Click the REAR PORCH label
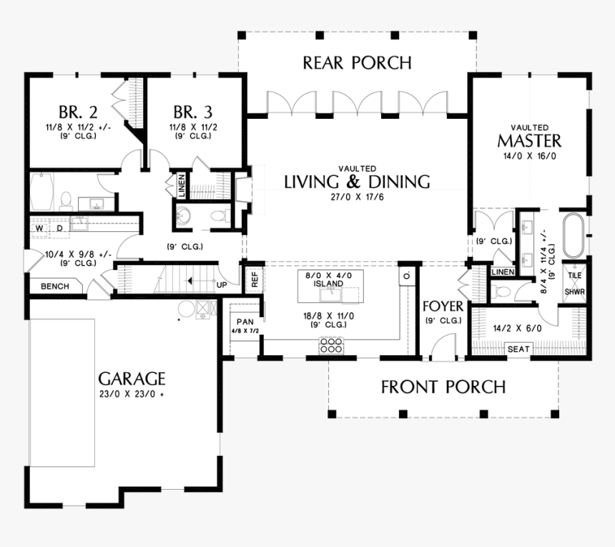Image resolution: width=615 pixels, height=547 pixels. [357, 63]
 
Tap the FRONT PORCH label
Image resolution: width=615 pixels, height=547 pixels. [443, 387]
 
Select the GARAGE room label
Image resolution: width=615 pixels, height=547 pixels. [132, 378]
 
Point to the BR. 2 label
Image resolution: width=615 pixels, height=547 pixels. [78, 112]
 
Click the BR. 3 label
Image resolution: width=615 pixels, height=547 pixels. [192, 112]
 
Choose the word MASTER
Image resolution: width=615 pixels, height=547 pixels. [529, 140]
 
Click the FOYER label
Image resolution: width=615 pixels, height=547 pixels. [443, 307]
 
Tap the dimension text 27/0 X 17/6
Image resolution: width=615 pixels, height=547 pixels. [357, 197]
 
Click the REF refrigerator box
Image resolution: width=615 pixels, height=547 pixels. [252, 279]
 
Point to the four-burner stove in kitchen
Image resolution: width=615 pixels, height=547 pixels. [331, 347]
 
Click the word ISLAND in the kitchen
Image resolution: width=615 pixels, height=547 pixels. [330, 284]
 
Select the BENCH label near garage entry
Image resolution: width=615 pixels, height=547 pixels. [55, 286]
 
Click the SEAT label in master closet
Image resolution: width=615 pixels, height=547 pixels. [518, 349]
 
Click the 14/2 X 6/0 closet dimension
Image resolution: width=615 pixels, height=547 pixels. [518, 330]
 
